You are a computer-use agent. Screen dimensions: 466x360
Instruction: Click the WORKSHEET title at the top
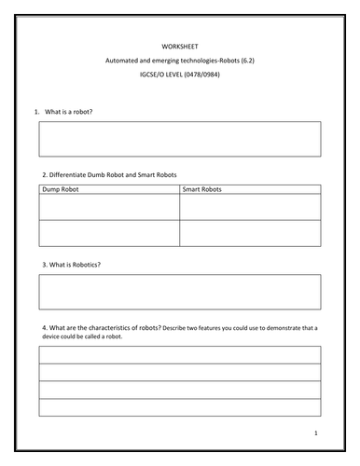(x=180, y=45)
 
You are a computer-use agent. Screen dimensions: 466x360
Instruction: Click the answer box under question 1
(x=180, y=139)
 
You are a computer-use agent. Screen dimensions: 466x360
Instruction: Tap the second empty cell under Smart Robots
(x=250, y=233)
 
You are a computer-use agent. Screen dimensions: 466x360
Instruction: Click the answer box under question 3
(x=180, y=292)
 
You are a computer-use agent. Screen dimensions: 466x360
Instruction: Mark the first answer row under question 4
(x=180, y=355)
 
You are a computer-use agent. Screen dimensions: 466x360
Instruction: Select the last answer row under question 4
(x=180, y=407)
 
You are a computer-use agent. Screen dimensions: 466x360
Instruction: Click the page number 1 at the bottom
(x=317, y=433)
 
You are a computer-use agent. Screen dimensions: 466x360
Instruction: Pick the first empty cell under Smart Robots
(x=250, y=207)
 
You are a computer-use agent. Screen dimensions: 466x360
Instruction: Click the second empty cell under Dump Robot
(x=109, y=233)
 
